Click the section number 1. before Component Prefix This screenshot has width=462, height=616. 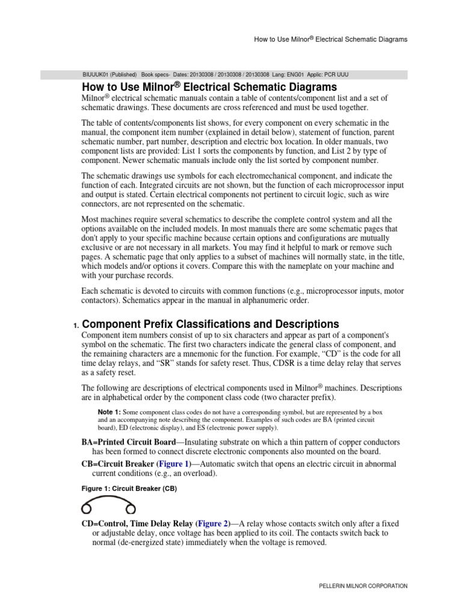tap(76, 325)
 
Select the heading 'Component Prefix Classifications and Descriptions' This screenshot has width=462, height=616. tap(210, 324)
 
